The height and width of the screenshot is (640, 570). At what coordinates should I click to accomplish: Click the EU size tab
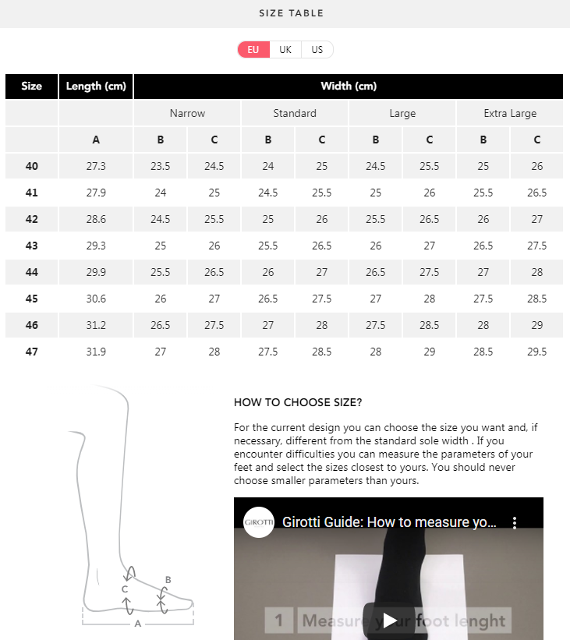point(253,50)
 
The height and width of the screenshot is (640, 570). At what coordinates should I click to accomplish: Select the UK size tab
point(285,50)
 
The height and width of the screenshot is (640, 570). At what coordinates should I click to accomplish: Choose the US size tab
point(317,50)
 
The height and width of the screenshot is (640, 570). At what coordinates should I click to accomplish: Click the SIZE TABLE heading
point(291,13)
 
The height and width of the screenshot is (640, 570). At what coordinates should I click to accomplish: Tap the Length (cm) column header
point(96,87)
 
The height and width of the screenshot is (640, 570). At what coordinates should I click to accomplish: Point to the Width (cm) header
point(349,87)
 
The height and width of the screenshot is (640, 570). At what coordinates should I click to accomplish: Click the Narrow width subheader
point(187,113)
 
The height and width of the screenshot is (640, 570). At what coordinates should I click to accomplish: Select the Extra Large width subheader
point(510,113)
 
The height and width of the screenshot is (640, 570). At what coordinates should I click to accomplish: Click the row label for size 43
point(31,246)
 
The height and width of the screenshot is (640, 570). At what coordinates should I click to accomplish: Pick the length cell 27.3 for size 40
point(96,166)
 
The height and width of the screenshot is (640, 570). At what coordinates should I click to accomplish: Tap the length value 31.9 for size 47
point(96,352)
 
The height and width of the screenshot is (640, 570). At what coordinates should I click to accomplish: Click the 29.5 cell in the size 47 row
point(536,352)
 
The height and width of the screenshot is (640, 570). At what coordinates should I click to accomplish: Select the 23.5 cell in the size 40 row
point(161,166)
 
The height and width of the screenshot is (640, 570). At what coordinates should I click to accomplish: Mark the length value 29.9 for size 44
point(96,272)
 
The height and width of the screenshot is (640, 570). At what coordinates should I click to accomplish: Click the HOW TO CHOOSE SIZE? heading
point(298,403)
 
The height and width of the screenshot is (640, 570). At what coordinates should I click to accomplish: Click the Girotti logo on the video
point(259,523)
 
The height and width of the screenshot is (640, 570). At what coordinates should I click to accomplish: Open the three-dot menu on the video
point(515,523)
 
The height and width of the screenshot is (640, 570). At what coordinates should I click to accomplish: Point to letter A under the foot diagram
point(138,624)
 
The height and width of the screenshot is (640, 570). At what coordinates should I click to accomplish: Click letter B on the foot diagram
point(168,580)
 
